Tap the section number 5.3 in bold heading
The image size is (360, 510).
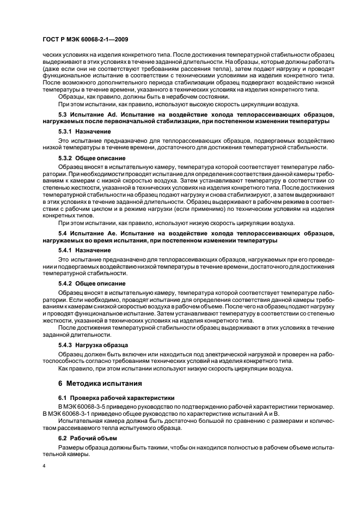63,116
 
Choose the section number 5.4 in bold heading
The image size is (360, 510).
63,233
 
